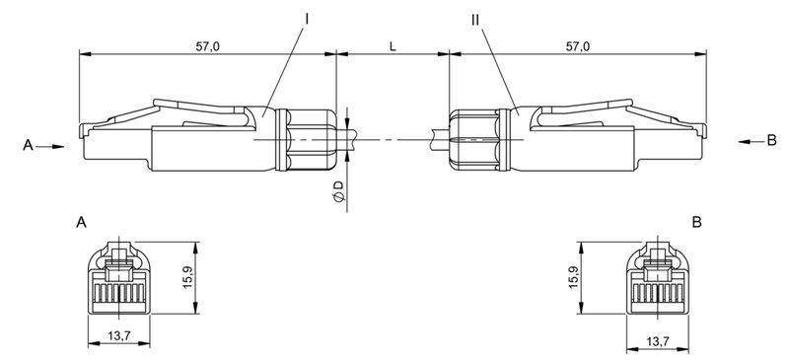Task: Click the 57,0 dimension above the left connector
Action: pos(206,46)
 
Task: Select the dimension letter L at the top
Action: pos(394,46)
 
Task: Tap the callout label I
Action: pos(307,18)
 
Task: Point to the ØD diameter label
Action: pos(338,192)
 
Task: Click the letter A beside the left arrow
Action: pos(28,145)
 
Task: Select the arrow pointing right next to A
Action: pos(54,146)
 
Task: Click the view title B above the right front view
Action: pos(697,224)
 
